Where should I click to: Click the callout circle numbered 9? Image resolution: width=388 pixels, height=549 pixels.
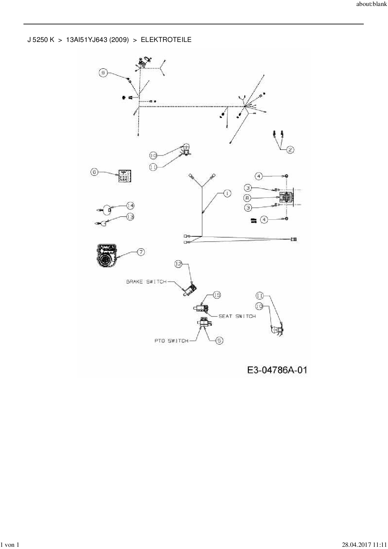[x=103, y=73]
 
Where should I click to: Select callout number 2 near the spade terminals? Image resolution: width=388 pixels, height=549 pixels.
[x=290, y=150]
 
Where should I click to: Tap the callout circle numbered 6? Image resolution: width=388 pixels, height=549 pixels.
[x=94, y=172]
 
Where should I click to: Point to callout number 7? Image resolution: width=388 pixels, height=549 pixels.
[x=141, y=252]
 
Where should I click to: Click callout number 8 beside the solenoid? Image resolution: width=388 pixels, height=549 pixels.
[x=248, y=198]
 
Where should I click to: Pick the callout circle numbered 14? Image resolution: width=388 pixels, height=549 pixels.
[x=130, y=206]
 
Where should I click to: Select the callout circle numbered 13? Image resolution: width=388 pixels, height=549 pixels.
[x=130, y=217]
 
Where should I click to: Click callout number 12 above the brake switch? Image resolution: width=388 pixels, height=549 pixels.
[x=178, y=264]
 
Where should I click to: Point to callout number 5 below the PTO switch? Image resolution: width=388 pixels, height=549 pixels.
[x=219, y=341]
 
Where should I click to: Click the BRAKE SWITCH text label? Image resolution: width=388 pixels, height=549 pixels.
[x=146, y=282]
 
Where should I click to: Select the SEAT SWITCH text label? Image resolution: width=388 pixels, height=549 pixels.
[x=237, y=316]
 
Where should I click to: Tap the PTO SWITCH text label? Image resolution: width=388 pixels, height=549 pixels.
[x=171, y=341]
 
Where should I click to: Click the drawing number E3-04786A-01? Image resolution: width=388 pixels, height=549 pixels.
[x=277, y=370]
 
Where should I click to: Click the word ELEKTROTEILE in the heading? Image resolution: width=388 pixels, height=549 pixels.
[x=166, y=40]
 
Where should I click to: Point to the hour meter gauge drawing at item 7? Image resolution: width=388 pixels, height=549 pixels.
[x=107, y=255]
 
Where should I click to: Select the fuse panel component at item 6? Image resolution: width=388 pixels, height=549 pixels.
[x=125, y=176]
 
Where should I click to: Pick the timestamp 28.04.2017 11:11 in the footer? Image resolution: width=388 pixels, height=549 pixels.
[x=364, y=545]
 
